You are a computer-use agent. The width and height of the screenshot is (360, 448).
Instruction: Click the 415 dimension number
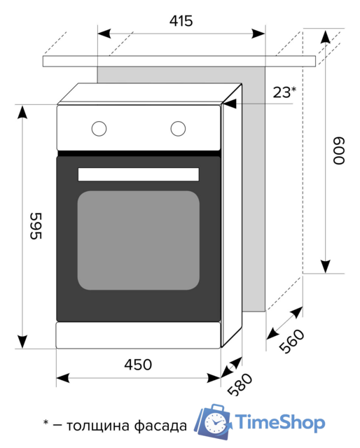pyautogui.click(x=181, y=21)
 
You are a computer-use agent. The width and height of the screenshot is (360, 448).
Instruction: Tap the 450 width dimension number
pyautogui.click(x=138, y=365)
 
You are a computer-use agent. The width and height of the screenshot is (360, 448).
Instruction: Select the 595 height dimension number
pyautogui.click(x=36, y=225)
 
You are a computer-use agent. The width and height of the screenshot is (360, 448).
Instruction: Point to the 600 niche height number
pyautogui.click(x=339, y=150)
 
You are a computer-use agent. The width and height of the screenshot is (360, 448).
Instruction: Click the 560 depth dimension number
pyautogui.click(x=291, y=341)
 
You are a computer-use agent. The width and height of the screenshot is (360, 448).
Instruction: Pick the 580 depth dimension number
pyautogui.click(x=240, y=384)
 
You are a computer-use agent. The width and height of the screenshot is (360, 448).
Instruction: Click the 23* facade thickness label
pyautogui.click(x=284, y=92)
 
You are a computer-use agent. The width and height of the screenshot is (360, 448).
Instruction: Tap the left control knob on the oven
pyautogui.click(x=99, y=129)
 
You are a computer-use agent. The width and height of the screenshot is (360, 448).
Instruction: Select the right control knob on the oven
pyautogui.click(x=178, y=129)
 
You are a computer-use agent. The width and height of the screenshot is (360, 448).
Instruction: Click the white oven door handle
pyautogui.click(x=139, y=174)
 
